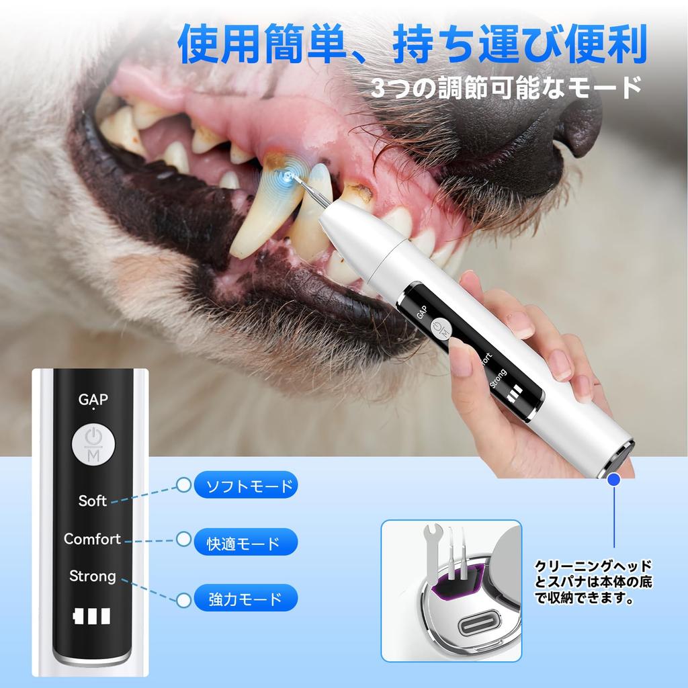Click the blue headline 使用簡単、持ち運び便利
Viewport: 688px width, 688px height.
(x=412, y=45)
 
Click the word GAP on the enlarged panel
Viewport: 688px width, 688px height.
(x=93, y=400)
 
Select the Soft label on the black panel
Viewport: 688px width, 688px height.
(x=93, y=501)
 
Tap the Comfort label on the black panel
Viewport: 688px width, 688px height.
(x=92, y=539)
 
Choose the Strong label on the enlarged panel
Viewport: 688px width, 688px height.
(x=93, y=576)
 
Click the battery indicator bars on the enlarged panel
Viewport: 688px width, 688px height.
(x=93, y=617)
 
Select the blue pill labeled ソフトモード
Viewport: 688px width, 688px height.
(x=244, y=486)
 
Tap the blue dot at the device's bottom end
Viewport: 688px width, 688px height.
(x=614, y=479)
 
